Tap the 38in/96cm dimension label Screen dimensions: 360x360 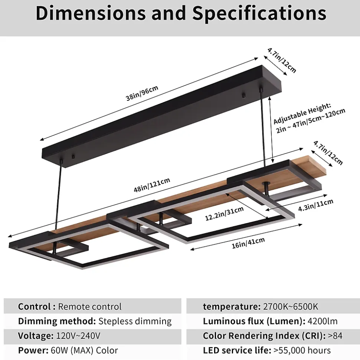pyautogui.click(x=142, y=93)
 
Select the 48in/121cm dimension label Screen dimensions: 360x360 pyautogui.click(x=152, y=185)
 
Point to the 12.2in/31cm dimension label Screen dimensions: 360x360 pyautogui.click(x=224, y=214)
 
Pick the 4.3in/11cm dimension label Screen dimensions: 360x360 pyautogui.click(x=315, y=205)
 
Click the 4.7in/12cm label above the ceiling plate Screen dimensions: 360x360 pyautogui.click(x=282, y=60)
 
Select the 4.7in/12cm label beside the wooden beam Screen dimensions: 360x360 pyautogui.click(x=328, y=153)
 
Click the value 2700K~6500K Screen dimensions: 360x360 pyautogui.click(x=291, y=307)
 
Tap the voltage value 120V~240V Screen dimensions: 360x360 pyautogui.click(x=78, y=336)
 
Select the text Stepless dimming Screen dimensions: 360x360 pyautogui.click(x=135, y=321)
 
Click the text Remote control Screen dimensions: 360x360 pyautogui.click(x=90, y=307)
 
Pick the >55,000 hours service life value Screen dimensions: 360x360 pyautogui.click(x=302, y=350)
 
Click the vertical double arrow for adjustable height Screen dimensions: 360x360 pyautogui.click(x=271, y=129)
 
